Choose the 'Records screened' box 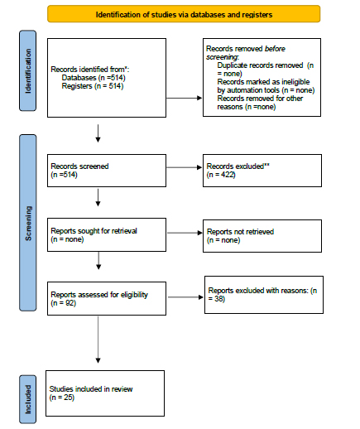coord(107,171)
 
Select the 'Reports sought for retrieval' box coord(107,234)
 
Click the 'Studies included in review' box coord(107,392)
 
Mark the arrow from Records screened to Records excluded coord(183,171)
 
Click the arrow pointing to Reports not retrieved coord(183,234)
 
